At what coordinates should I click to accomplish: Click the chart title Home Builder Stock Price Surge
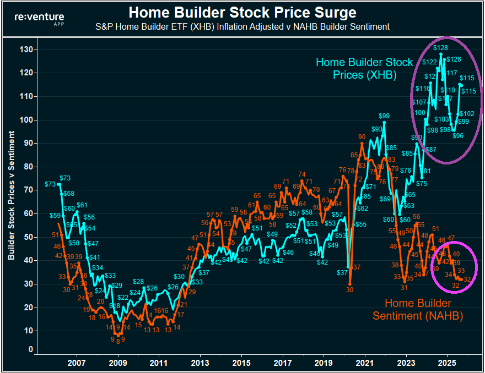pyautogui.click(x=242, y=12)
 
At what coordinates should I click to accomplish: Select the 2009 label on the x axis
pyautogui.click(x=117, y=363)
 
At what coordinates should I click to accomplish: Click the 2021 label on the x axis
pyautogui.click(x=364, y=363)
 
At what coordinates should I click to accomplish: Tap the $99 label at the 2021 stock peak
pyautogui.click(x=384, y=116)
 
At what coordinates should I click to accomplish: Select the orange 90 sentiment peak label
pyautogui.click(x=362, y=137)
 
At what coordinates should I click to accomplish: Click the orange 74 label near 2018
pyautogui.click(x=301, y=175)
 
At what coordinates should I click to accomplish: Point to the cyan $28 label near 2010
pyautogui.click(x=138, y=282)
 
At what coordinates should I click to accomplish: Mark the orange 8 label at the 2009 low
pyautogui.click(x=117, y=342)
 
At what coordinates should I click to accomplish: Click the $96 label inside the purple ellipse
pyautogui.click(x=457, y=136)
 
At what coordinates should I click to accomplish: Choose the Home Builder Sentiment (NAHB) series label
pyautogui.click(x=417, y=310)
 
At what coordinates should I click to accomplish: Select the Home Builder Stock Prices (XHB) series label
pyautogui.click(x=364, y=69)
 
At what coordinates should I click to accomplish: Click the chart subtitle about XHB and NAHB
pyautogui.click(x=242, y=26)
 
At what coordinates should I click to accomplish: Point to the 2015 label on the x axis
pyautogui.click(x=241, y=363)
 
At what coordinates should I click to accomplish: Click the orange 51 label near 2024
pyautogui.click(x=435, y=229)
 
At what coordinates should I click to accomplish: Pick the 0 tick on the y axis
pyautogui.click(x=30, y=349)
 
